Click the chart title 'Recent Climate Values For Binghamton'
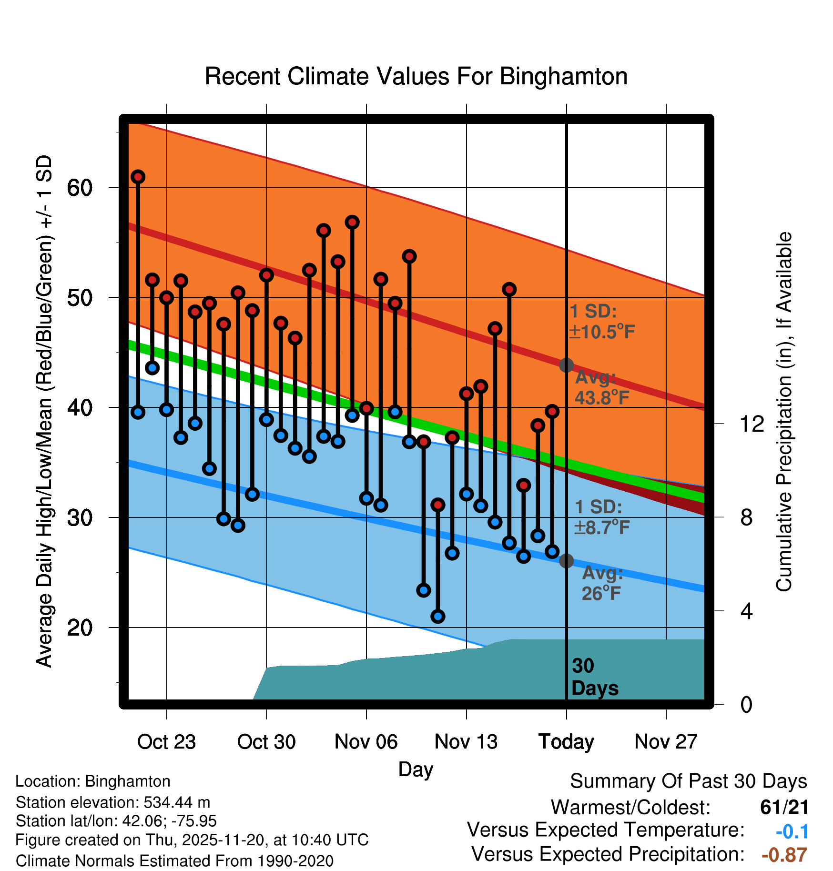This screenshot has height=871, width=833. click(x=416, y=76)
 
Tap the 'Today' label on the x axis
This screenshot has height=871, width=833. click(x=566, y=742)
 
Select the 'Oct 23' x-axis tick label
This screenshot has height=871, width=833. click(x=166, y=742)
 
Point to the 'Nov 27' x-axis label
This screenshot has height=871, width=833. click(x=666, y=742)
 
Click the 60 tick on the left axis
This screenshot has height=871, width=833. click(x=80, y=188)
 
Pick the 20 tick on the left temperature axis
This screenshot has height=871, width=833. click(x=80, y=628)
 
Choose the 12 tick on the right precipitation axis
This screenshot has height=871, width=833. click(x=752, y=424)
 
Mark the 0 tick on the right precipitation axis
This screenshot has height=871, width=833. click(x=746, y=704)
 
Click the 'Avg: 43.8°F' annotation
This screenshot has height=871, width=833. click(x=601, y=387)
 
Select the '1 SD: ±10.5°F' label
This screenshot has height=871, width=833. click(x=602, y=322)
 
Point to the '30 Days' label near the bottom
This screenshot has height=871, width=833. click(x=594, y=677)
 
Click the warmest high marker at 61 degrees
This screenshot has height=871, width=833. click(x=138, y=177)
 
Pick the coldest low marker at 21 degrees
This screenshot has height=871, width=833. click(x=438, y=617)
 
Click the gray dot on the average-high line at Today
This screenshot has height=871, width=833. click(x=566, y=365)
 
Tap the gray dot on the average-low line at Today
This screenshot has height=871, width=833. click(x=566, y=561)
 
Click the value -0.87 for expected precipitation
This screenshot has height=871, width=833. click(x=784, y=855)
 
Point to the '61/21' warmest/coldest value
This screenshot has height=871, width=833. click(x=784, y=807)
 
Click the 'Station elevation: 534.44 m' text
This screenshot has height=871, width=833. click(x=113, y=802)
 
